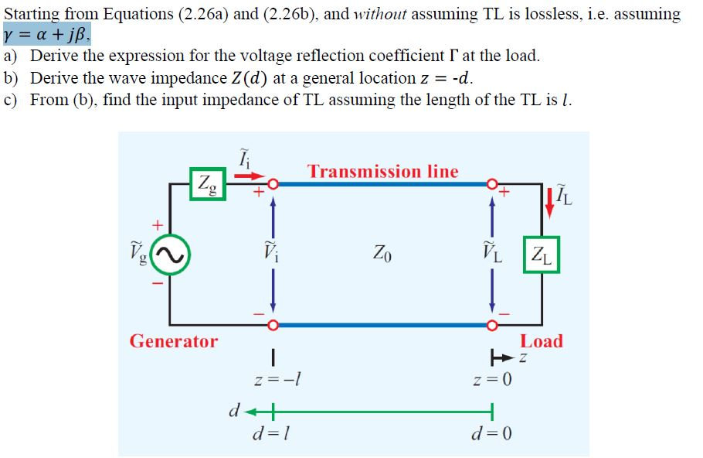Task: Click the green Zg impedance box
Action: pos(208,183)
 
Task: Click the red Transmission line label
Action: pos(382,172)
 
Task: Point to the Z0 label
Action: pos(382,253)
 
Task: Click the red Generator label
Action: pos(174,341)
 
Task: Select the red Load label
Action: pos(542,341)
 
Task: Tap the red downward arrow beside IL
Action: pos(549,200)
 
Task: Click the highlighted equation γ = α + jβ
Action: pos(47,35)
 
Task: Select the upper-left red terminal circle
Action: pos(272,184)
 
